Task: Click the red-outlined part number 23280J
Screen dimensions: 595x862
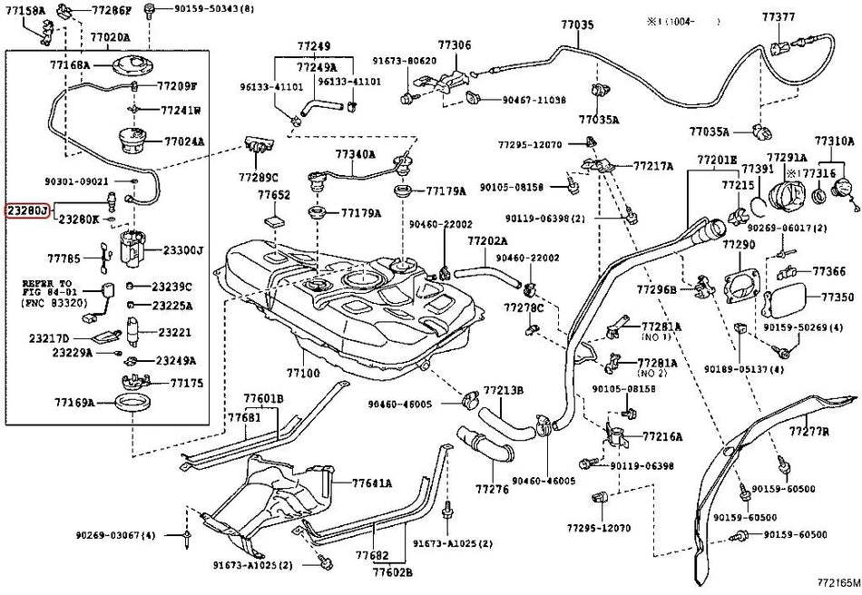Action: [x=26, y=210]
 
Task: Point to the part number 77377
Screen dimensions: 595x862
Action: [x=779, y=16]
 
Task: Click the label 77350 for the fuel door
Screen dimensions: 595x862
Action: [x=838, y=297]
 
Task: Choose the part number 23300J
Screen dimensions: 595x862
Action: [x=183, y=250]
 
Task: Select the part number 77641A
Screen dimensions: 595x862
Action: [x=372, y=483]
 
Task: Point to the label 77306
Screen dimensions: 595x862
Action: [x=455, y=44]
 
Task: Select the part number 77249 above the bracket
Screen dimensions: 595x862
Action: [x=313, y=45]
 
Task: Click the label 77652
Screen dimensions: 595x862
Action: [x=273, y=195]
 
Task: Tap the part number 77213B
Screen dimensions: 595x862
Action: [x=504, y=391]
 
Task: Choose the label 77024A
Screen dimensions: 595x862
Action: [x=184, y=142]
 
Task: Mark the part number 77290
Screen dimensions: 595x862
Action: [x=740, y=247]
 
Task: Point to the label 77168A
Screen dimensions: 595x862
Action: [x=69, y=65]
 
